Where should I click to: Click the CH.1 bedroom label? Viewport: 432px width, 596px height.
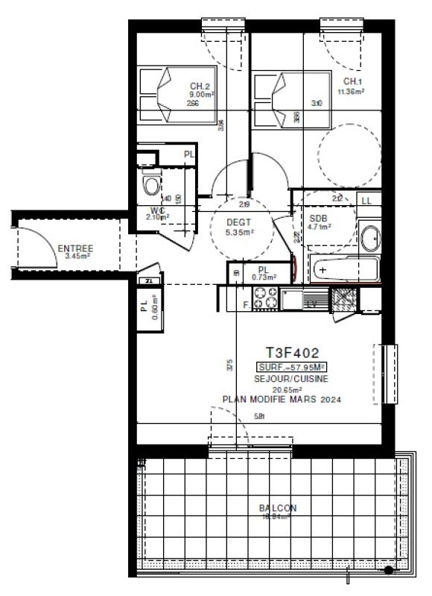[353, 82]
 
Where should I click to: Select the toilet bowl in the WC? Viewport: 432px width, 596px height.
[152, 184]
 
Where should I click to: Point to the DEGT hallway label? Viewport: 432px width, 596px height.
[239, 222]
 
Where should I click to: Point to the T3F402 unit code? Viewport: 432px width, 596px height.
[292, 353]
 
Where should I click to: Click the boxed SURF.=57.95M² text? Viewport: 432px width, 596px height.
[292, 367]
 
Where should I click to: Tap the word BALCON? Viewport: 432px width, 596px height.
[278, 508]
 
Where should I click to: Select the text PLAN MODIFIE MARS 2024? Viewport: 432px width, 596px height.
[282, 400]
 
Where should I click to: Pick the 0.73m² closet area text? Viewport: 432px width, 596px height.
[264, 277]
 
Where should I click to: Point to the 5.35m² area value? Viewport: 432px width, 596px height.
[239, 232]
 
